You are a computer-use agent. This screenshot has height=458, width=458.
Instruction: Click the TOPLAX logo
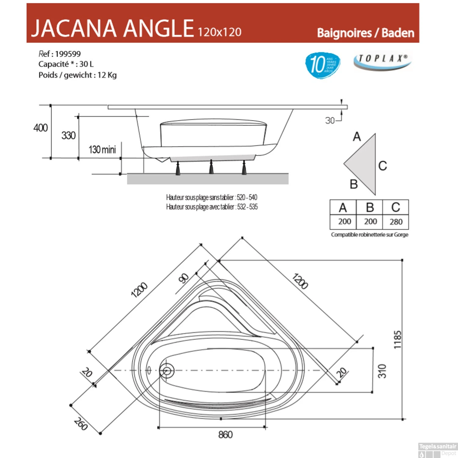[x=382, y=60]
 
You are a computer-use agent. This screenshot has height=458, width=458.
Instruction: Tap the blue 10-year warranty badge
[x=322, y=65]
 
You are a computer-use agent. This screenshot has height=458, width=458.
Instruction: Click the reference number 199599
[x=68, y=54]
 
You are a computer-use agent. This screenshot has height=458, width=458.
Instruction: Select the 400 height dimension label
[x=41, y=128]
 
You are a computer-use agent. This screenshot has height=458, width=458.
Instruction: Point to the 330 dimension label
[x=68, y=135]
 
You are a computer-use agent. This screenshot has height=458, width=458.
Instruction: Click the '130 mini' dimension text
[x=102, y=150]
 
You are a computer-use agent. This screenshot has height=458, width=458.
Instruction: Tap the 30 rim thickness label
[x=330, y=121]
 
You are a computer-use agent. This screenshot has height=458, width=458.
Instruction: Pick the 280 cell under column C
[x=396, y=222]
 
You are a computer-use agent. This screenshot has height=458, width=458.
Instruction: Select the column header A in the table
[x=343, y=208]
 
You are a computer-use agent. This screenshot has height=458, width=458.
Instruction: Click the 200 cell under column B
[x=370, y=221]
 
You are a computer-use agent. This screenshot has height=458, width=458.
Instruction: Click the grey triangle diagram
[x=363, y=164]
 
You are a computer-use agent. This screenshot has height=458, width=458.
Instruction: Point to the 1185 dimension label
[x=397, y=340]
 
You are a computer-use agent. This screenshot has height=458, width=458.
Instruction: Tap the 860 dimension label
[x=225, y=434]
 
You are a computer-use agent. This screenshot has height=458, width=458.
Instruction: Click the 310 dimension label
[x=382, y=371]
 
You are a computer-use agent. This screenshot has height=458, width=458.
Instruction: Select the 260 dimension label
[x=81, y=424]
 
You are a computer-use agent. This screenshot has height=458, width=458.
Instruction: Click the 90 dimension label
[x=184, y=278]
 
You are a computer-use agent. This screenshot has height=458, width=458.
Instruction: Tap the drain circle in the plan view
[x=167, y=371]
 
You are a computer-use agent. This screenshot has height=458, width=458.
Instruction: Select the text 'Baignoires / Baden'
[x=365, y=33]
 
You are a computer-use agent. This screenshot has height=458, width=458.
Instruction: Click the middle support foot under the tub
[x=211, y=168]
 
